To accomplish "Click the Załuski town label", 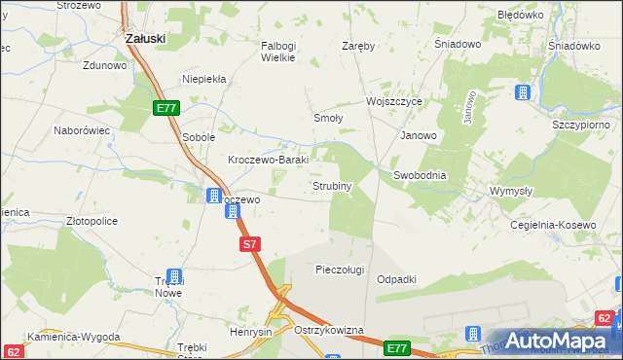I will point(145,38).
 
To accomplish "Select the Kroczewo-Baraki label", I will point(268,160).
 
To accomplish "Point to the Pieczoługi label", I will point(340,270).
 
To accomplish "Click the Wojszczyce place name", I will point(393,101).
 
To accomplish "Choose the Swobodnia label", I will point(420,175).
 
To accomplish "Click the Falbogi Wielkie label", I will point(284,51).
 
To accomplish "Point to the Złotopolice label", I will point(92,221).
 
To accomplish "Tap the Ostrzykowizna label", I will point(328,331).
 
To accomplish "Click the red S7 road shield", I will point(250,245).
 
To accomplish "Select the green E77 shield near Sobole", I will point(165,110).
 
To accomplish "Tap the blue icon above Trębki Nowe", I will point(174,276).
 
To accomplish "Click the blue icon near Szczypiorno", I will point(524,93).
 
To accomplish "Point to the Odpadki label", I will point(396,279).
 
